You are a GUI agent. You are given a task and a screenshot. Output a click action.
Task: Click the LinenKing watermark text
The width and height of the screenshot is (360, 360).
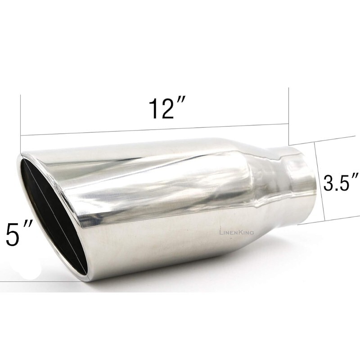(237, 232)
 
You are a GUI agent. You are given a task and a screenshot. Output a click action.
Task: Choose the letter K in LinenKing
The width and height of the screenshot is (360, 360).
(239, 232)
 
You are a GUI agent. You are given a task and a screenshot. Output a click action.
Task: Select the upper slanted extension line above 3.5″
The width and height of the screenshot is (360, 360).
(333, 140)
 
